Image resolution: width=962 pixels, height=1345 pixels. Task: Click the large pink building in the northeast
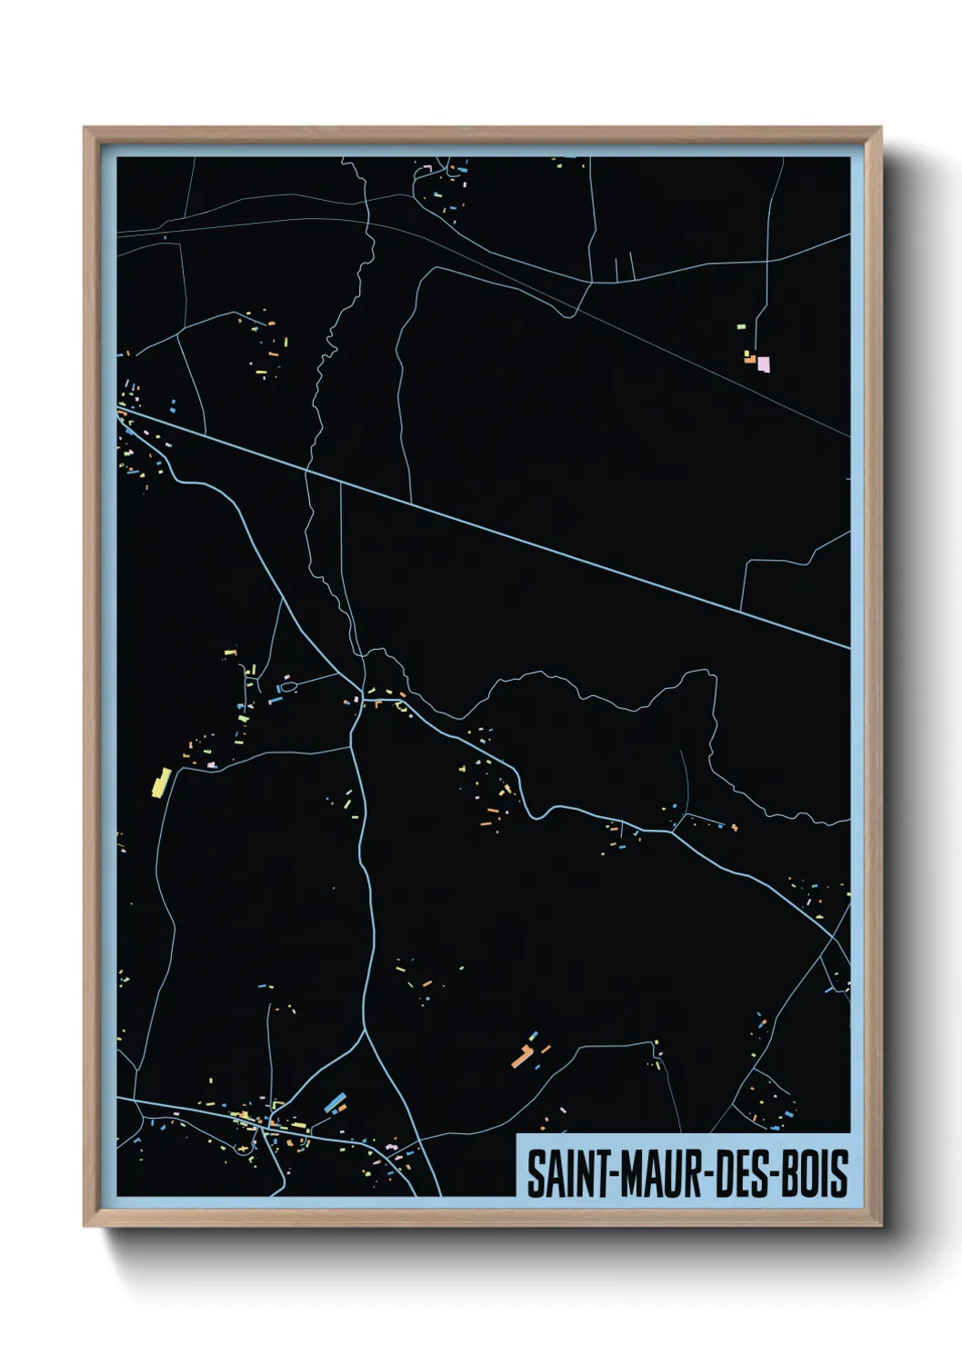pos(764,364)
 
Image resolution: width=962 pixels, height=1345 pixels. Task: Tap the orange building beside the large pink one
pos(750,361)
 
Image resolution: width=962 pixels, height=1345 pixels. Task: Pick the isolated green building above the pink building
pos(741,325)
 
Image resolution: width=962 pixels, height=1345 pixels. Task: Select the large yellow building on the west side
pos(161,782)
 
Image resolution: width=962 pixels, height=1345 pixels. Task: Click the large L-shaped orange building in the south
pos(522,1057)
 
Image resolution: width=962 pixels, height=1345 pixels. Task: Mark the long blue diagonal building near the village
pos(335,1102)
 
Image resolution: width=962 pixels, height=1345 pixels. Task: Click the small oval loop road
pos(288,687)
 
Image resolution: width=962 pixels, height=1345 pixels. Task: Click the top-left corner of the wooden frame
pos(85,129)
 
